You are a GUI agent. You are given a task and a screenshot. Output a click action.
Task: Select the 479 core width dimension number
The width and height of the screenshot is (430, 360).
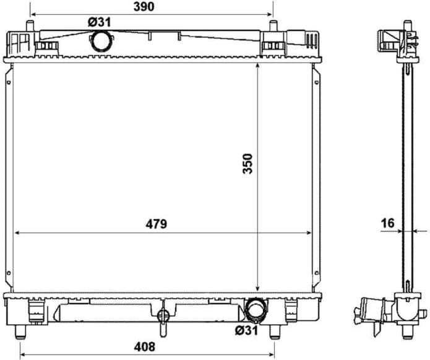pos(156,224)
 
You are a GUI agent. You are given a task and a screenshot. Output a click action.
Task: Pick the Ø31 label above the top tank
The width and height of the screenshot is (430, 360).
pos(100,22)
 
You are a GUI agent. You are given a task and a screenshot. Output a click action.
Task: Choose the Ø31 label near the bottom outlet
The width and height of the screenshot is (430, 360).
pos(247,330)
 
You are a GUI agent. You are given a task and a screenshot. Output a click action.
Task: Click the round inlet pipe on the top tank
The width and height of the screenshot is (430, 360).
pos(100,41)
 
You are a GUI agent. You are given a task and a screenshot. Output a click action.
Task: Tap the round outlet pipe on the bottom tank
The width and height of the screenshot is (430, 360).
pos(255,309)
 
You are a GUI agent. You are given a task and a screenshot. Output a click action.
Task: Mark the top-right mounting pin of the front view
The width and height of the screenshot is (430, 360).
pos(272,26)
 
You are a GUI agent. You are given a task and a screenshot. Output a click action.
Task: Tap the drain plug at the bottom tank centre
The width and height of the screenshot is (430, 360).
pos(163,315)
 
